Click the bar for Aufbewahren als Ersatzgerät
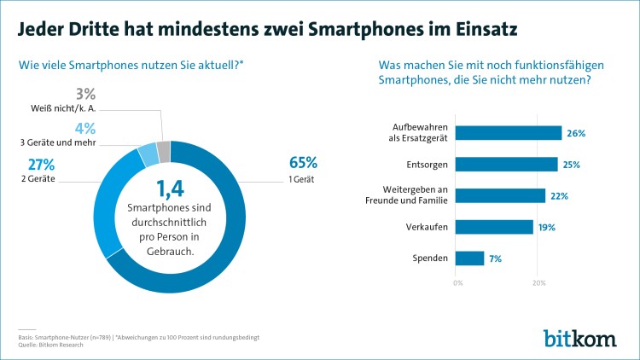pos(509,133)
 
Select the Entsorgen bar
pos(507,164)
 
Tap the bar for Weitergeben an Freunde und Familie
pos(501,195)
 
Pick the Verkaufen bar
pos(495,227)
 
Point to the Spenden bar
pos(470,258)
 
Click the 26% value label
pos(576,134)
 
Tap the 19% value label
pos(547,227)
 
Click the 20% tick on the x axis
pos(538,282)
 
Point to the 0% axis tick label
pos(458,282)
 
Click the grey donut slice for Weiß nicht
pos(164,152)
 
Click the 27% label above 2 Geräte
pos(41,164)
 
